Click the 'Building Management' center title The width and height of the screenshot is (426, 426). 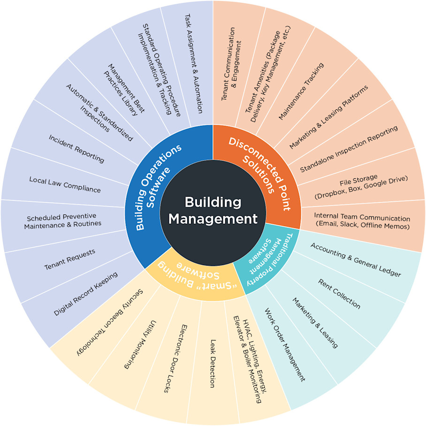coord(213,211)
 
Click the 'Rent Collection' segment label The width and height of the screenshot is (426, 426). coord(339,294)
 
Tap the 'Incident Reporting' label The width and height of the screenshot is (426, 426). coord(76,148)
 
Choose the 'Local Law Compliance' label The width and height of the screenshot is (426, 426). coord(65,185)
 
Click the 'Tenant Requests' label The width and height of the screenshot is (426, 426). coord(69,259)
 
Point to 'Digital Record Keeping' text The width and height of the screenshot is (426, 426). coord(85,293)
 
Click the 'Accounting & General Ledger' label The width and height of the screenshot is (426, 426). coord(356,259)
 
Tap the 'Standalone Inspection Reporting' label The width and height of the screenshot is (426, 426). coord(349,149)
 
